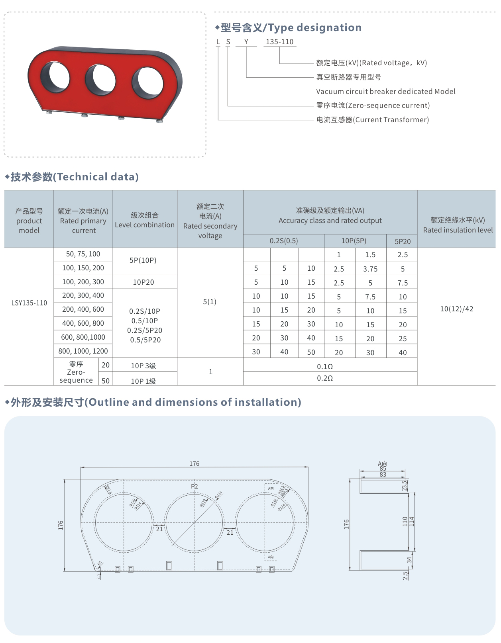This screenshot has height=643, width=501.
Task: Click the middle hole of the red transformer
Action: [100, 80]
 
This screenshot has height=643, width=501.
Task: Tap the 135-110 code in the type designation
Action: [279, 42]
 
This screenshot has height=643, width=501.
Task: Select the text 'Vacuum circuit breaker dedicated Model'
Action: [385, 92]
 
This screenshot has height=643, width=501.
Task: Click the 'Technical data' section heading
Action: [75, 177]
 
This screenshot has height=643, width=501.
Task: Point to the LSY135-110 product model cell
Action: [29, 303]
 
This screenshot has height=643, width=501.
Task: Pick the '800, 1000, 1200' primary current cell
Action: [83, 351]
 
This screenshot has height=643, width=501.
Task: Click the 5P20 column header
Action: [403, 242]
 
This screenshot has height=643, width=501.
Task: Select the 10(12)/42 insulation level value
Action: [457, 309]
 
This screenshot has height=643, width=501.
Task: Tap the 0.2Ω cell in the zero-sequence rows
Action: [325, 378]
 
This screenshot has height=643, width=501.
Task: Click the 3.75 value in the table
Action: [370, 269]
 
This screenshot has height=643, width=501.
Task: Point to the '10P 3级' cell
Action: [143, 365]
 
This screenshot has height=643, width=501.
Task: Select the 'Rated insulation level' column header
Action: [458, 225]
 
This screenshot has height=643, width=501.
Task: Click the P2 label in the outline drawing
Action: [195, 487]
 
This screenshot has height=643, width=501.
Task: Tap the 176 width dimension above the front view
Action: [195, 464]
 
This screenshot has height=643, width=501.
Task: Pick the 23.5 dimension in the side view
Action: [404, 485]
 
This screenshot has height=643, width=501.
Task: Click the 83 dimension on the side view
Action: [383, 475]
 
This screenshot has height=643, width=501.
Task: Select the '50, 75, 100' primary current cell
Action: [83, 254]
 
